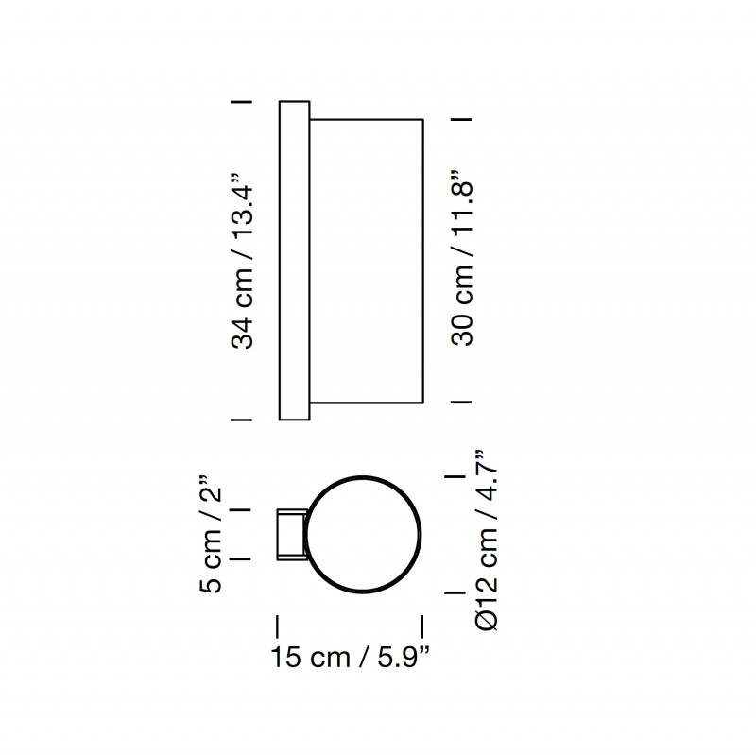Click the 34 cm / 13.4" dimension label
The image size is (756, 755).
coord(244,260)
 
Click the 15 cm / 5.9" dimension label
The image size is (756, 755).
coord(350,659)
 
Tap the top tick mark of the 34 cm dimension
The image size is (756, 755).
coord(240,100)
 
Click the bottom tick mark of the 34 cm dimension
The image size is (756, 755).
coord(240,419)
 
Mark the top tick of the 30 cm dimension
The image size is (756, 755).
coord(461,119)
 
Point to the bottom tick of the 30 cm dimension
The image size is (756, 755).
coord(461,402)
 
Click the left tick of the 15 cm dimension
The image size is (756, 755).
coord(277,626)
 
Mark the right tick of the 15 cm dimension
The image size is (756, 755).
coord(421,626)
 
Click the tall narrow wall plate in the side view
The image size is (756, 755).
coord(293,260)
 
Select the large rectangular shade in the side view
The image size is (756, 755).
coord(366,260)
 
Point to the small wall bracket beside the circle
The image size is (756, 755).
coord(289,535)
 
